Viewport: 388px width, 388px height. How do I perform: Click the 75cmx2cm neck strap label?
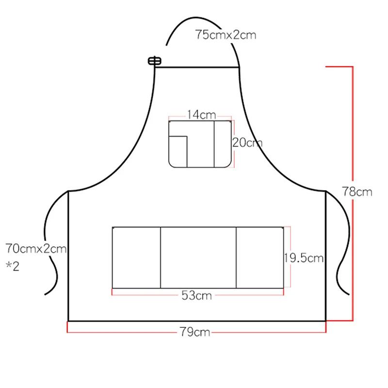click(x=226, y=34)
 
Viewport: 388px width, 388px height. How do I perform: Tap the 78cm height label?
click(x=357, y=192)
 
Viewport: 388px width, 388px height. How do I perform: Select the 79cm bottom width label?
click(x=195, y=332)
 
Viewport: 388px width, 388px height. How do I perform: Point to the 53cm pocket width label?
click(x=197, y=295)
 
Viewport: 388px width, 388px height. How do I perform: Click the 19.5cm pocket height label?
click(x=304, y=258)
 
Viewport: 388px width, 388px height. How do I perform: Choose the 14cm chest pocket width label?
click(x=201, y=115)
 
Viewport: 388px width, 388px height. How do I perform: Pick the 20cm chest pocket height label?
click(x=247, y=143)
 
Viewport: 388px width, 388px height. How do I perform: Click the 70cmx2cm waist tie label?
click(x=36, y=248)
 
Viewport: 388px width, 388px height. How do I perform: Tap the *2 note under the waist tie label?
click(x=13, y=266)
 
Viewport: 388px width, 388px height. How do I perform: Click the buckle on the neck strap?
click(x=155, y=61)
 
